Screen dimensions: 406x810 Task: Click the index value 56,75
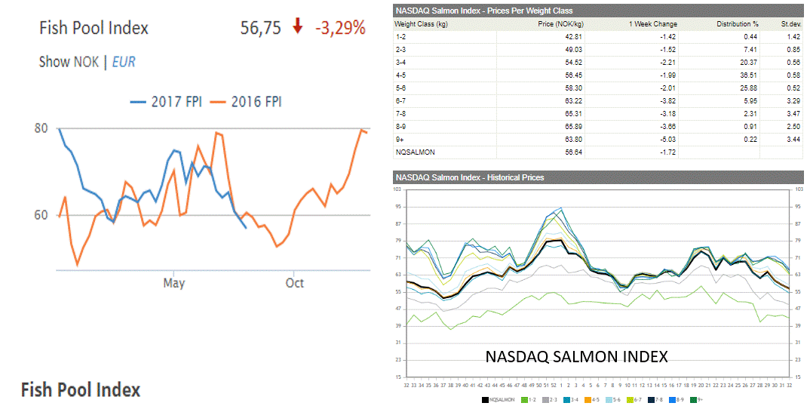(x=260, y=28)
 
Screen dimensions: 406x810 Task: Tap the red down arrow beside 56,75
(x=298, y=27)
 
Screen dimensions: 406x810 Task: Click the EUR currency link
(x=124, y=62)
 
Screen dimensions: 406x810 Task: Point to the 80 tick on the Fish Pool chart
(x=41, y=128)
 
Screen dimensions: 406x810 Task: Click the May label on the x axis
(x=173, y=283)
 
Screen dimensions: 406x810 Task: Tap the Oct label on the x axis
(x=294, y=283)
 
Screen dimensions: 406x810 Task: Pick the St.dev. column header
(x=790, y=23)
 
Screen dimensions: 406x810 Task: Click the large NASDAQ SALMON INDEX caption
(x=577, y=356)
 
